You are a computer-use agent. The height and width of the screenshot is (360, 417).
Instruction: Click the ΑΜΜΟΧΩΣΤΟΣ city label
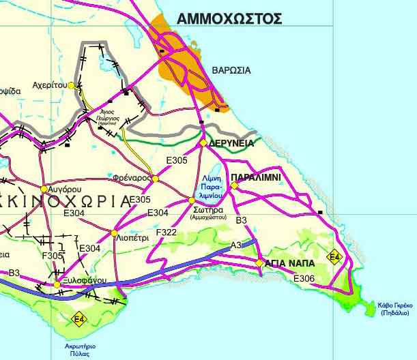[229, 19]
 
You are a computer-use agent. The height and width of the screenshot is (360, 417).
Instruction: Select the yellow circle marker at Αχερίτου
[72, 86]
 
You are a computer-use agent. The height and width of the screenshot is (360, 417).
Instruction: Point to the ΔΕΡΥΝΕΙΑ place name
[232, 143]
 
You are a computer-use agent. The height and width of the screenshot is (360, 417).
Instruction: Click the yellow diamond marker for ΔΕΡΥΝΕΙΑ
[203, 143]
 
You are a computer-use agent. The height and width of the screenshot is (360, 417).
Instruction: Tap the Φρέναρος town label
[134, 177]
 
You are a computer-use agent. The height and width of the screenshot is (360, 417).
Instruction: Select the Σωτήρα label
[205, 211]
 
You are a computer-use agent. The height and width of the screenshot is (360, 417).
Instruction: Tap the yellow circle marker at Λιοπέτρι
[114, 233]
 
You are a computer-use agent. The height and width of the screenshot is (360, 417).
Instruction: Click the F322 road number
[167, 232]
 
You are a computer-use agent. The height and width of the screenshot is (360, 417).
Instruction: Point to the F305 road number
[53, 256]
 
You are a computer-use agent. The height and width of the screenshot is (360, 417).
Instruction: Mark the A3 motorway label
[236, 245]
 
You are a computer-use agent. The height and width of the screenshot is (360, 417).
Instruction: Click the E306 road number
[303, 278]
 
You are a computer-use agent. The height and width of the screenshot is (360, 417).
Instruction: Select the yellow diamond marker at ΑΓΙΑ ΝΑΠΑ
[259, 262]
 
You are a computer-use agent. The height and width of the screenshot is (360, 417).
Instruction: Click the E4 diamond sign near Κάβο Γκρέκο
[334, 257]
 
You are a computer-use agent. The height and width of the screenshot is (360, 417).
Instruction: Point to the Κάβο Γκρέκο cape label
[395, 308]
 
